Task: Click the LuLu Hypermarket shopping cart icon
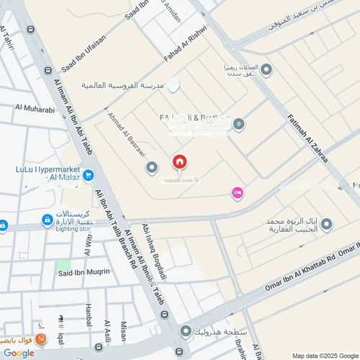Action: [88, 174]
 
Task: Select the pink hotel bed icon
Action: [237, 192]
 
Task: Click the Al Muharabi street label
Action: [35, 109]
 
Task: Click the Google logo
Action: [19, 353]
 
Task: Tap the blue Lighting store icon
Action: [48, 220]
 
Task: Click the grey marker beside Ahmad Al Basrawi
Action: [151, 168]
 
